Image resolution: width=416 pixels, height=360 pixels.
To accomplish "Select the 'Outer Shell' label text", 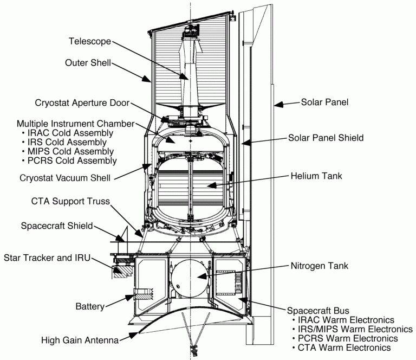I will pyautogui.click(x=88, y=63).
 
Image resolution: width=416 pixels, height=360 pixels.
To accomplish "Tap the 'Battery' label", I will pyautogui.click(x=90, y=307).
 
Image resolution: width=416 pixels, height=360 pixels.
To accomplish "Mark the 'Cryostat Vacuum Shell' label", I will pyautogui.click(x=65, y=177).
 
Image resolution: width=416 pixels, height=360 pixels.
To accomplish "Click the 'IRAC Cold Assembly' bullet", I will pyautogui.click(x=67, y=133).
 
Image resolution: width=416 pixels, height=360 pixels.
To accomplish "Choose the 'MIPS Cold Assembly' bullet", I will pyautogui.click(x=67, y=151).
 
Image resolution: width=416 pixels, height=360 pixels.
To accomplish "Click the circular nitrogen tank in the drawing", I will pyautogui.click(x=190, y=277).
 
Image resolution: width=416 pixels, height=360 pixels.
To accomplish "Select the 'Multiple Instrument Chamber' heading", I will pyautogui.click(x=75, y=123).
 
